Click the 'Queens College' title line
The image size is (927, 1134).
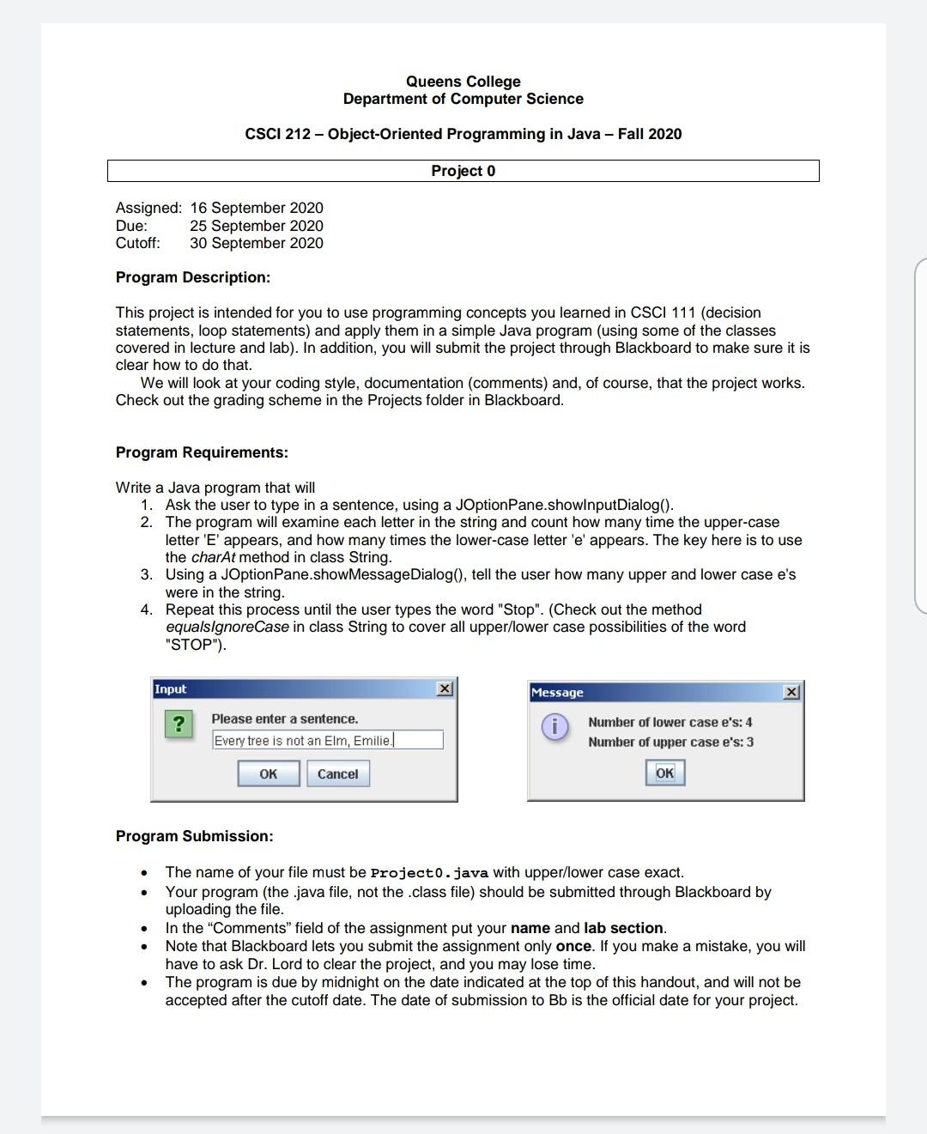[463, 82]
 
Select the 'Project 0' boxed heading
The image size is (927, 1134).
[463, 171]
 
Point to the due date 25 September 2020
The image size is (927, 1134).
[257, 226]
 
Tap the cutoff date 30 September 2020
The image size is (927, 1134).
[257, 243]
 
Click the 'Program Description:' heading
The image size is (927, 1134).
[193, 277]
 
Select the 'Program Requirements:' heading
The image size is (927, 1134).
[202, 452]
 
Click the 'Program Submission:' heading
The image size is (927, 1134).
[195, 836]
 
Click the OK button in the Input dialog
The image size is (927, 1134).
[269, 773]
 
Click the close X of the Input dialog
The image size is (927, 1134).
[444, 688]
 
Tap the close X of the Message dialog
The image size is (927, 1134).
[791, 692]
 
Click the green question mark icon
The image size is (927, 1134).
[178, 724]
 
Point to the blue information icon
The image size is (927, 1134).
[554, 727]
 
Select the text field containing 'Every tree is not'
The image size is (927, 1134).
[327, 740]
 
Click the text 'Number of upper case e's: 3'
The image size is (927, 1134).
[670, 742]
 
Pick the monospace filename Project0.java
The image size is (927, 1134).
[428, 873]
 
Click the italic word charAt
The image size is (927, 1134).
[213, 557]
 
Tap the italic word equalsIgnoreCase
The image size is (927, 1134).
[227, 627]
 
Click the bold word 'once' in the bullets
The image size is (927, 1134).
[574, 946]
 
